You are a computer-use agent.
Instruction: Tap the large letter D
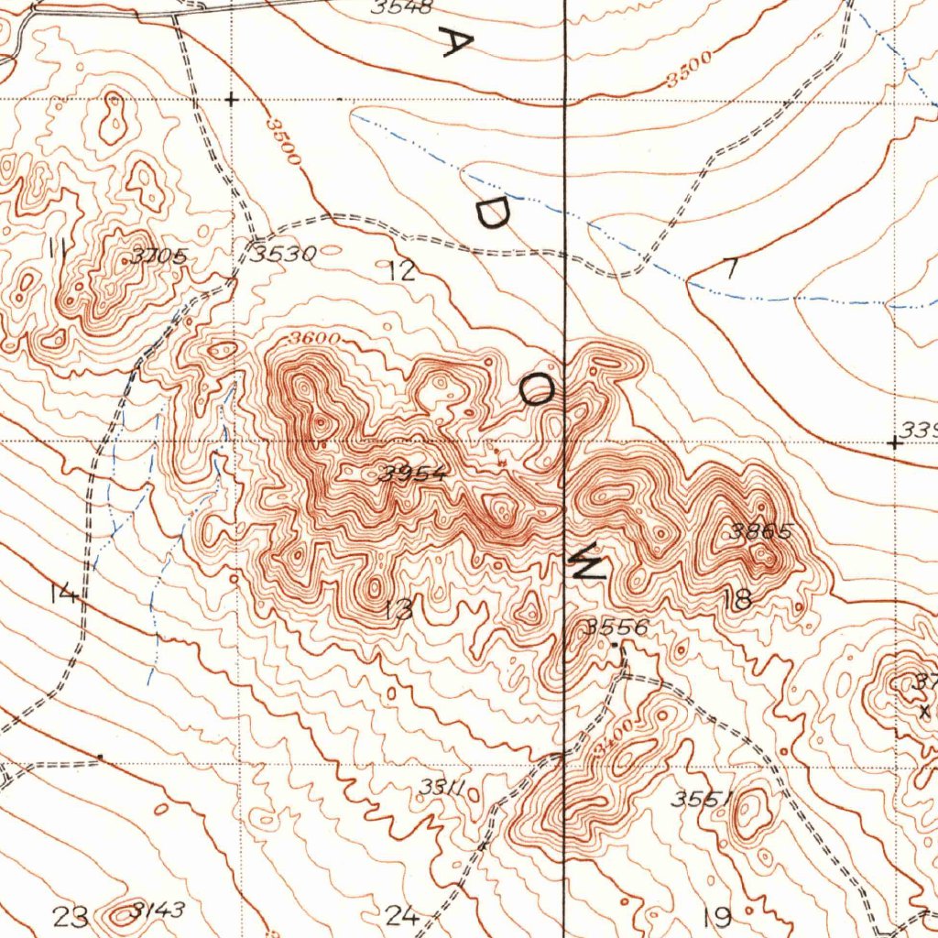[x=491, y=213]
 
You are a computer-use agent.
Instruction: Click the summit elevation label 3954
[x=415, y=474]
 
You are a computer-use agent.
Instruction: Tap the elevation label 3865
[x=759, y=531]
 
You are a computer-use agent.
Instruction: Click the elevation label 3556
[x=616, y=627]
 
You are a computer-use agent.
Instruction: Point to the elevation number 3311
[x=444, y=788]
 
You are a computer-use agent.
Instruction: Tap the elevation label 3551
[x=700, y=799]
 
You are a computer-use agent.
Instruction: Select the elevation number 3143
[x=158, y=911]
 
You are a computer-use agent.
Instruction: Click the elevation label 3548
[x=402, y=7]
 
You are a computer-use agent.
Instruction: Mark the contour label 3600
[x=313, y=339]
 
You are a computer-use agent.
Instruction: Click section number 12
[x=400, y=270]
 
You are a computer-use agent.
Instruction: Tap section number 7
[x=730, y=269]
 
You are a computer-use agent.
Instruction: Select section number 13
[x=399, y=609]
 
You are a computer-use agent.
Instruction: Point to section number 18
[x=737, y=600]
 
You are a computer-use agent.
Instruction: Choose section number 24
[x=402, y=915]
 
